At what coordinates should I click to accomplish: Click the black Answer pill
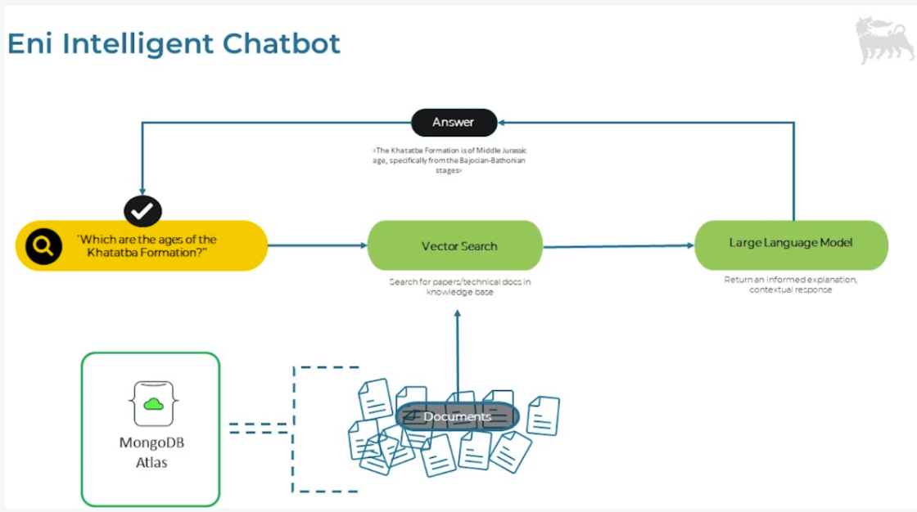(454, 123)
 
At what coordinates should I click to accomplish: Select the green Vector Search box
(455, 245)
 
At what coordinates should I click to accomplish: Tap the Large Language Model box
(791, 244)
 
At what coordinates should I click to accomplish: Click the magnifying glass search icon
(43, 245)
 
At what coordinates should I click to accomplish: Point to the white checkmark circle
(142, 211)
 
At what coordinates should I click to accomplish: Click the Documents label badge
(458, 417)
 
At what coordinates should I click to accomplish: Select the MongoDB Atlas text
(151, 453)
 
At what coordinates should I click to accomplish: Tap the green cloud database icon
(153, 402)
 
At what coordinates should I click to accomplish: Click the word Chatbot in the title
(291, 43)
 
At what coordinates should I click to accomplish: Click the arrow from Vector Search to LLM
(618, 245)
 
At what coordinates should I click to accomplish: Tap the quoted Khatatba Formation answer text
(454, 161)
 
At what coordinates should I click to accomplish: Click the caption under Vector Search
(458, 287)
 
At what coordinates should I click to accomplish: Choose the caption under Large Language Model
(790, 285)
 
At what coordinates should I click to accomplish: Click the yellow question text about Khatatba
(147, 245)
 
